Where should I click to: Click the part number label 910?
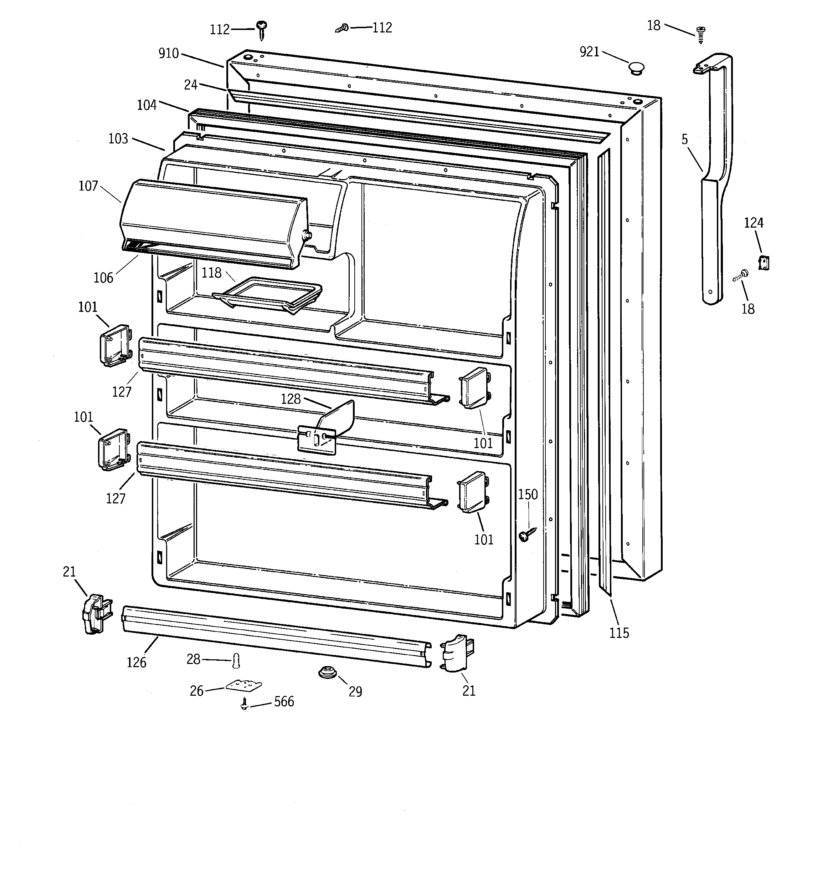[x=168, y=54]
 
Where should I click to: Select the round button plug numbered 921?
[x=636, y=69]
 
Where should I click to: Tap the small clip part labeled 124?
[x=764, y=263]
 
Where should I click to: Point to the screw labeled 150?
[x=526, y=534]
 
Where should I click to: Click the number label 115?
[x=619, y=633]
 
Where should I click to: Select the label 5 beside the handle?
[x=684, y=140]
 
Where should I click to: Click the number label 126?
[x=136, y=662]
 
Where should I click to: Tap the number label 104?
[x=147, y=105]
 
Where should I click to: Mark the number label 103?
[x=118, y=139]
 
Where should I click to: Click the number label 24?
[x=190, y=85]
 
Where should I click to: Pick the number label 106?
[x=103, y=278]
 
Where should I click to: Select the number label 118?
[x=211, y=273]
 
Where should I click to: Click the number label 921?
[x=590, y=52]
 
